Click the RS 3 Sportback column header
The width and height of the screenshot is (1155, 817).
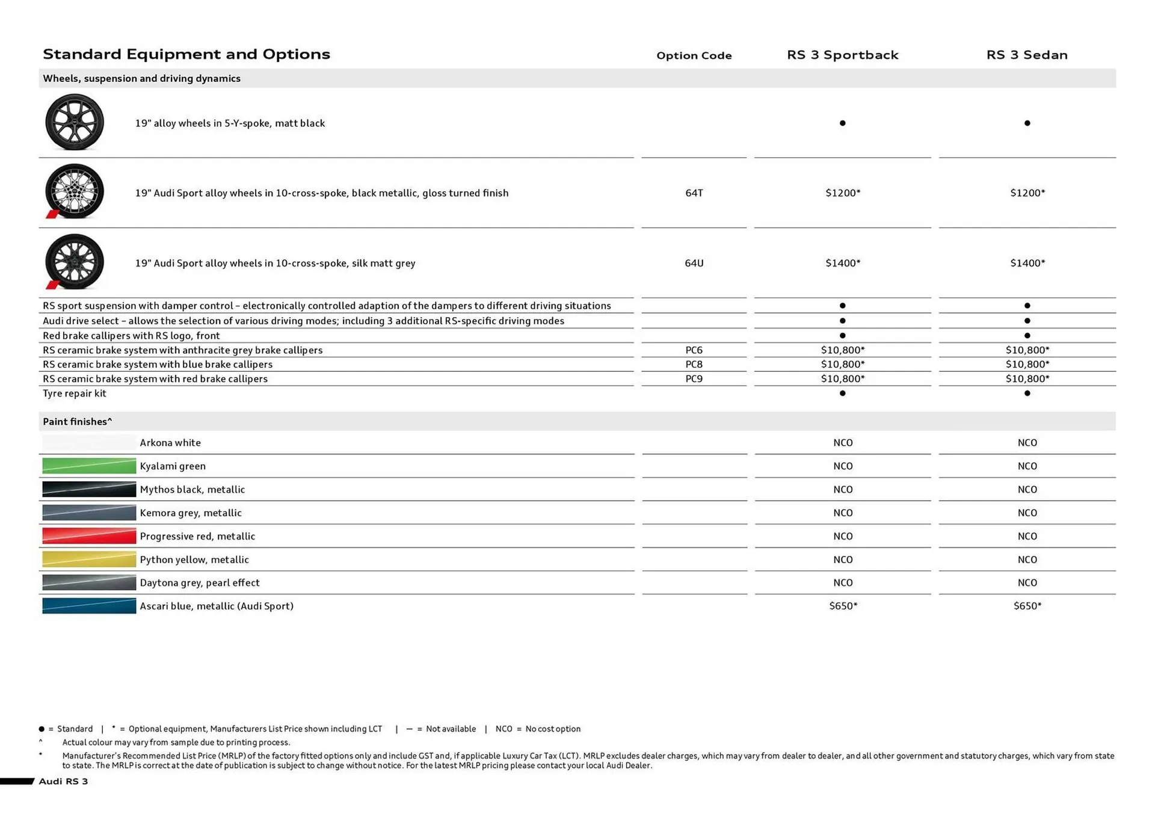(x=842, y=55)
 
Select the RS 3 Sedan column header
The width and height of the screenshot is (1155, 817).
(x=1027, y=55)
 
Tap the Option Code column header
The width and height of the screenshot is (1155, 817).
(x=694, y=55)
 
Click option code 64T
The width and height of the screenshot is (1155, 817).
(x=694, y=193)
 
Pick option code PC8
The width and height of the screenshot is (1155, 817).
(x=694, y=365)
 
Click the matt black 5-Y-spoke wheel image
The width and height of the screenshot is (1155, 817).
(x=75, y=122)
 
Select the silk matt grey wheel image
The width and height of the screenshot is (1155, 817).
(x=75, y=262)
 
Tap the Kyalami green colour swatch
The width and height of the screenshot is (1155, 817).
(x=89, y=466)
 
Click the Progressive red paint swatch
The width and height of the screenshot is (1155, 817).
(x=89, y=536)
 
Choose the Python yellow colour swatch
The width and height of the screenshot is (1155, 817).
(x=89, y=560)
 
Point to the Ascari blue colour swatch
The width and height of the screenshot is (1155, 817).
(x=89, y=606)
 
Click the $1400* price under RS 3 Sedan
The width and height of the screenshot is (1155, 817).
(x=1027, y=263)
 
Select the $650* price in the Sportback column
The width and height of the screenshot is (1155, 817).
(x=842, y=606)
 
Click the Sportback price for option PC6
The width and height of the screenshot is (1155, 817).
(x=842, y=350)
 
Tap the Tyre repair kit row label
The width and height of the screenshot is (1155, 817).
(x=75, y=393)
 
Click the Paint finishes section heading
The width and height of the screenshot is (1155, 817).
(x=77, y=422)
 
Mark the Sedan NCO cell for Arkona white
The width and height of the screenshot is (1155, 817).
(x=1027, y=443)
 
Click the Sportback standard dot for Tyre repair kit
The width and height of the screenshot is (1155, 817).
(x=842, y=393)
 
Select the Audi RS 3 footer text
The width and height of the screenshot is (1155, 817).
(x=63, y=782)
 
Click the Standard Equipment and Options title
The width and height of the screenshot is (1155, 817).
(x=186, y=54)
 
